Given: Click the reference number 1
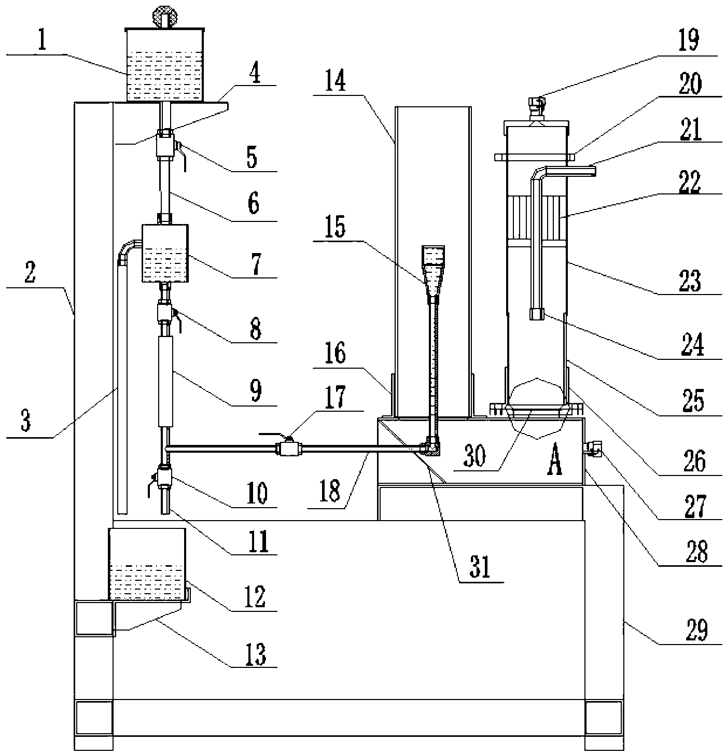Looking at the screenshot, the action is pos(42,40).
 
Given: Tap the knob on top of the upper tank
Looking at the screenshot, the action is pos(164,17).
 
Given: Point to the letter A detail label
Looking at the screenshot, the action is pos(555,460).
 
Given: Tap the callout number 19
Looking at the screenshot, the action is pos(689,40).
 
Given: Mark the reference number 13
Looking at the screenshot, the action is pos(255,654).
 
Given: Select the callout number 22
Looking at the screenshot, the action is pos(690,181).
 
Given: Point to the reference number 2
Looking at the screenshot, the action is pos(30,272).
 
